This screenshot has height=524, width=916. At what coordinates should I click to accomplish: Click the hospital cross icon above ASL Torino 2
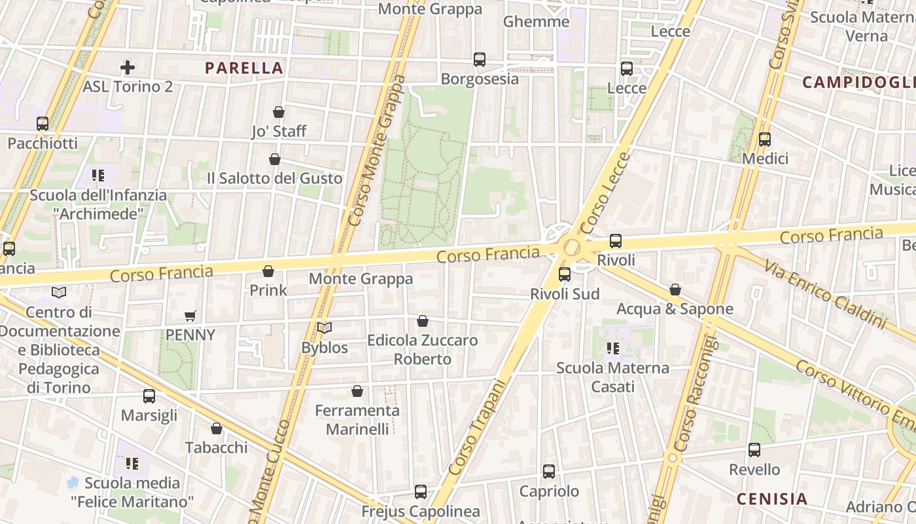point(128,67)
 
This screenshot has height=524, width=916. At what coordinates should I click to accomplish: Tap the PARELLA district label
point(244,68)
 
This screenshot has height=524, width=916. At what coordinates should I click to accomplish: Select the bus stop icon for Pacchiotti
point(43,123)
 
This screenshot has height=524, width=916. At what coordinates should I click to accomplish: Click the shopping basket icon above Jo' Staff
point(279,112)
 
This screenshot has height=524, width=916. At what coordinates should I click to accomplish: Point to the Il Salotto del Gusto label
point(274,178)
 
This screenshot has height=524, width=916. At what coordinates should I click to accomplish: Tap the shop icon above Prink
point(268,271)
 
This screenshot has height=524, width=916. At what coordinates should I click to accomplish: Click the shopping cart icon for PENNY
point(190,316)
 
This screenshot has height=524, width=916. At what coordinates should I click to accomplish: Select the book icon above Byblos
point(325,327)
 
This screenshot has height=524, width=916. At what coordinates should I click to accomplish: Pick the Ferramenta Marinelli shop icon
point(357,391)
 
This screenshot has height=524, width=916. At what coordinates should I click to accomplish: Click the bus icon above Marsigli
point(149,396)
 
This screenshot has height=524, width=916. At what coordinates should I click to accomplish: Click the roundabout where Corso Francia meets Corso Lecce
point(572,248)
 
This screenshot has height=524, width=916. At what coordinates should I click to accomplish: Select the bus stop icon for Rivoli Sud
point(565,274)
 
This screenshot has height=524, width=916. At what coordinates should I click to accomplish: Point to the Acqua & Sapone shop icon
point(675,290)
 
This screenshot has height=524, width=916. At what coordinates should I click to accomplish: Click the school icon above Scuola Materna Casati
point(613,348)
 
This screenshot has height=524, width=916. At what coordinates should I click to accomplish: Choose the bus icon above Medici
point(765,140)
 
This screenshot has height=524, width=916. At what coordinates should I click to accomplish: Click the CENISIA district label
point(772,499)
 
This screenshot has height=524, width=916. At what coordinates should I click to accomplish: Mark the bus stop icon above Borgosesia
point(480,60)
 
